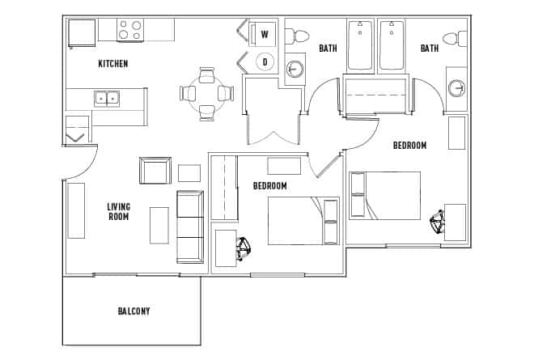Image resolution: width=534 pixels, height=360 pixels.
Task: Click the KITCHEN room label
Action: (x=113, y=63)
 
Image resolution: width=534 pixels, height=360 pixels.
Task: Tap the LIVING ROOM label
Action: (x=118, y=212)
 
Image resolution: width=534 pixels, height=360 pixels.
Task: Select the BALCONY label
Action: (x=133, y=311)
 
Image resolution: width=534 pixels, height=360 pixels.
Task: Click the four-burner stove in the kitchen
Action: (x=130, y=30)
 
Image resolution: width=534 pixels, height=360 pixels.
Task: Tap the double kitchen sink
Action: (x=106, y=99)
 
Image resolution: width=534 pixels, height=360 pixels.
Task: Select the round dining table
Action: (x=206, y=93)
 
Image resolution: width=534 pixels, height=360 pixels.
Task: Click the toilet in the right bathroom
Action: (x=459, y=37)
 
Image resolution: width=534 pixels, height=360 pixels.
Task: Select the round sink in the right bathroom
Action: (x=457, y=88)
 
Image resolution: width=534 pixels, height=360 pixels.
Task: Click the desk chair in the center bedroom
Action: (x=243, y=248)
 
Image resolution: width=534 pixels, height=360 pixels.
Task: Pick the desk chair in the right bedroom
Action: (x=438, y=222)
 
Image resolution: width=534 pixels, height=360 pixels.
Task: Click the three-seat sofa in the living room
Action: (x=191, y=227)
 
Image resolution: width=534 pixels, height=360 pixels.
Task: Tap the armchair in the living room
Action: (x=155, y=171)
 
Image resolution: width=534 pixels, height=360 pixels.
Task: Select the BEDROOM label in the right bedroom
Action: (x=409, y=146)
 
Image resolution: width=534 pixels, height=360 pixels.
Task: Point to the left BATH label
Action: (x=328, y=49)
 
